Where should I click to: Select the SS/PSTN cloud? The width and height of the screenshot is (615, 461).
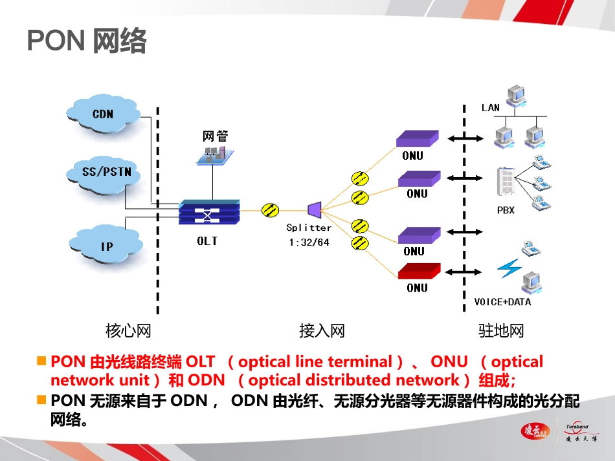coord(103,173)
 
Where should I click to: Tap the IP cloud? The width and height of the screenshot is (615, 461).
coord(106,246)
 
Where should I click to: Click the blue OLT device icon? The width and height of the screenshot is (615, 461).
coord(208,212)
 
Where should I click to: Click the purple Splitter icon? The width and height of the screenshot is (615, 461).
coord(314,209)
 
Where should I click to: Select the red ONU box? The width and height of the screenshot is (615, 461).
coord(419,271)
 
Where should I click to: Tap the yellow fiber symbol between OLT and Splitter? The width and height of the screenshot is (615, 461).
coord(270,209)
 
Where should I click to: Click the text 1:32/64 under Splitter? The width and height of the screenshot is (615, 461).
coord(309,242)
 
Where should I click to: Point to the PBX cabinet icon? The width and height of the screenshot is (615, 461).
coord(506,182)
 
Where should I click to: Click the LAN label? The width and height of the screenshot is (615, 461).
coord(491,107)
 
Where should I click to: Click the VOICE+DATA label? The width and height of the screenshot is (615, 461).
coord(503,301)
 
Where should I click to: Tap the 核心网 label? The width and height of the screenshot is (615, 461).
coord(128,331)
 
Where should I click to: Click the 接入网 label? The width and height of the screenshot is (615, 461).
coord(322,331)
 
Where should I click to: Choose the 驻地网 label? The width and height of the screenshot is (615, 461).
coord(500,331)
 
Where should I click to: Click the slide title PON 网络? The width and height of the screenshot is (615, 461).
coord(87,41)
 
